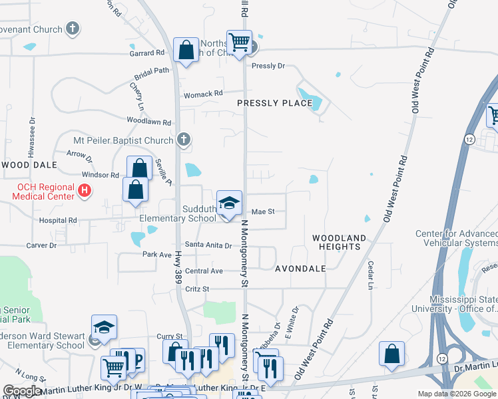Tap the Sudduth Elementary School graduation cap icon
(x=228, y=202)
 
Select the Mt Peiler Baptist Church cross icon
(x=184, y=140)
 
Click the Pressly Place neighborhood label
(x=274, y=103)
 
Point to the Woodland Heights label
(x=340, y=242)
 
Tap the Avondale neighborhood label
(x=300, y=269)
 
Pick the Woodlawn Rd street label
(x=149, y=122)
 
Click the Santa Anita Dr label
(x=208, y=245)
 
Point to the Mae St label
(x=263, y=212)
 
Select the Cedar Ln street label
(x=370, y=275)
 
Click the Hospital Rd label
(x=58, y=220)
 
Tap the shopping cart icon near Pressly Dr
(x=239, y=43)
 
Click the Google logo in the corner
(x=22, y=391)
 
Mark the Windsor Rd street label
(x=100, y=176)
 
